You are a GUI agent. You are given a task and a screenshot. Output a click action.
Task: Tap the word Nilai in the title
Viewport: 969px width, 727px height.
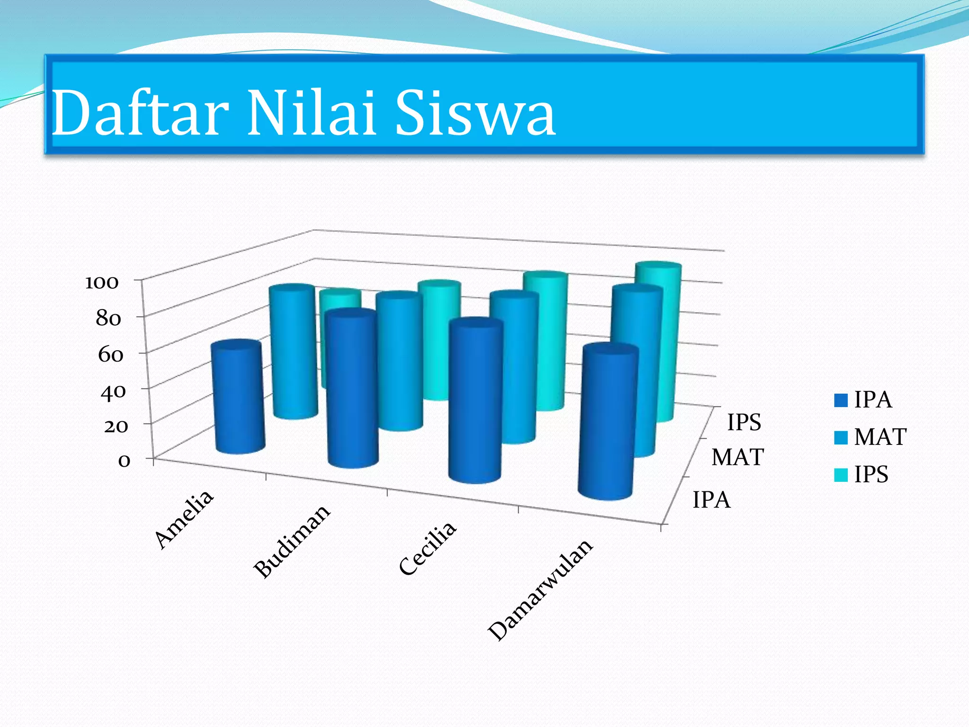coord(312,114)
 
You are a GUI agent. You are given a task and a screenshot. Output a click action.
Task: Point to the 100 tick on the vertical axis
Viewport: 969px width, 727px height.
coord(101,283)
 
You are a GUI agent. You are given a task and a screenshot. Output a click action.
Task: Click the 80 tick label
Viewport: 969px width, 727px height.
coord(108,319)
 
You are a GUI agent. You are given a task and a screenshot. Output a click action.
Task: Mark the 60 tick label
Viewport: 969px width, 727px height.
coord(110,355)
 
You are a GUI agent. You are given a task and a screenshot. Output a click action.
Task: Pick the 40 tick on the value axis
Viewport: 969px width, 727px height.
coord(113,391)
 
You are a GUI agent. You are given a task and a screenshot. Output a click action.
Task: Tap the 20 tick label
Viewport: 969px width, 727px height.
coord(115,426)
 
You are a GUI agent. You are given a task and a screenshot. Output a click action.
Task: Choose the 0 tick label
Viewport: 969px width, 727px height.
coord(124,461)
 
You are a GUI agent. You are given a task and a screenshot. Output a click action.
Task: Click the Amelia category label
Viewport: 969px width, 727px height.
coord(185,519)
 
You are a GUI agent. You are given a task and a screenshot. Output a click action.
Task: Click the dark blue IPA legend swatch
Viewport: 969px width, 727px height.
coord(841,400)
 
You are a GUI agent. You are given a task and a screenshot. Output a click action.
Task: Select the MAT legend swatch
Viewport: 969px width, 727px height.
coord(841,438)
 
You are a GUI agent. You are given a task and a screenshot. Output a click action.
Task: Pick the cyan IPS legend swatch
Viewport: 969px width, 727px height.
coord(841,475)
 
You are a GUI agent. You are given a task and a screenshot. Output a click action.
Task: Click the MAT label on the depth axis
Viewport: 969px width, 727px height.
coord(738,458)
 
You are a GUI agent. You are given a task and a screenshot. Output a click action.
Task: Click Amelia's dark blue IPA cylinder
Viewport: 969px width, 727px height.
coord(238,398)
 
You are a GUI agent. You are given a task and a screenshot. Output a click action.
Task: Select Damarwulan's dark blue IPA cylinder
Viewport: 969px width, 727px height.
coord(608,421)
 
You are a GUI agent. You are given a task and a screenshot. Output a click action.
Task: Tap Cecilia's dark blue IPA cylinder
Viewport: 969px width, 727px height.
coord(475,400)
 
